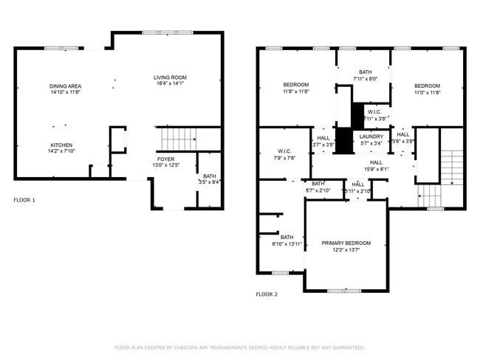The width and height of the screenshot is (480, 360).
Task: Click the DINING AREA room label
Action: click(x=66, y=86)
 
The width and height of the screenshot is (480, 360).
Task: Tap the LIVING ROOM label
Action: click(x=170, y=77)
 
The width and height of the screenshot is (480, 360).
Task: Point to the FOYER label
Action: click(x=166, y=159)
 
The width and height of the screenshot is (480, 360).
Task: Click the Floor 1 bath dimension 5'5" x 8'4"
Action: click(x=210, y=182)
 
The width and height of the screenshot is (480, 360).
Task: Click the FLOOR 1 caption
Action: click(x=24, y=200)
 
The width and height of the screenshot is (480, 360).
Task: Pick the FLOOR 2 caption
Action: click(x=267, y=294)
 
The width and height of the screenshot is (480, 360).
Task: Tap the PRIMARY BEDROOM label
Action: click(x=346, y=243)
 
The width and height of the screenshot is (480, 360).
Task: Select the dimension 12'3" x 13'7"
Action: click(x=346, y=250)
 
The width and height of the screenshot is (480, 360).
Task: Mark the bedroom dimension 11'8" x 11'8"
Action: click(x=295, y=92)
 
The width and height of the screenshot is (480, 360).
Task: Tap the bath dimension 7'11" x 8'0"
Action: click(x=365, y=78)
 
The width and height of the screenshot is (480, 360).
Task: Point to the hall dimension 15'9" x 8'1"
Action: click(x=376, y=169)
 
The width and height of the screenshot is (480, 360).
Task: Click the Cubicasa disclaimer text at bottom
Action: click(x=239, y=347)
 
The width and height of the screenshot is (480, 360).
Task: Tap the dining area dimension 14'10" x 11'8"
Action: click(x=66, y=93)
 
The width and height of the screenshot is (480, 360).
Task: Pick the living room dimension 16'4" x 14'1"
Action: click(x=170, y=84)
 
